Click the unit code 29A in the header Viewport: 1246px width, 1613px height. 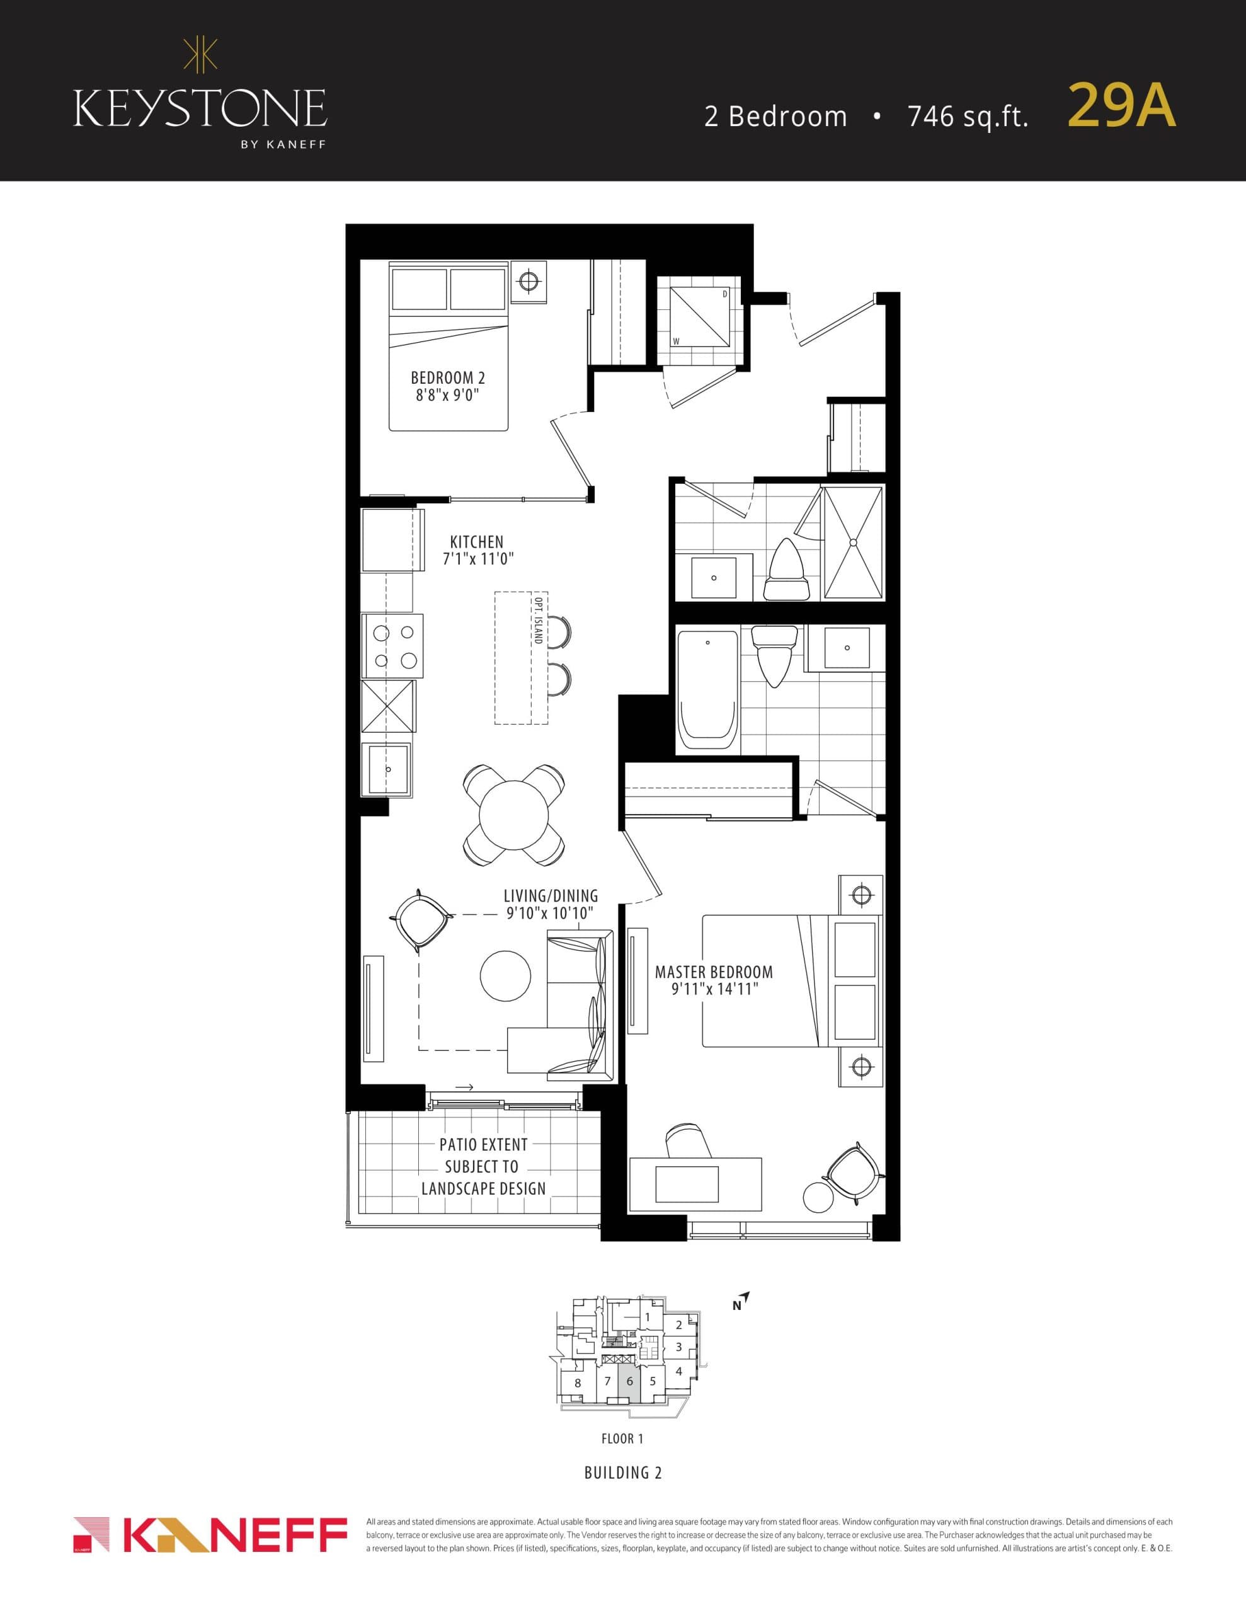(x=1121, y=106)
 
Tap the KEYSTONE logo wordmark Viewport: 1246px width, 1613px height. (x=200, y=108)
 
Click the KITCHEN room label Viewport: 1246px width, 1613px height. (x=476, y=541)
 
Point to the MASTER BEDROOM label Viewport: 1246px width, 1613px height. (x=714, y=972)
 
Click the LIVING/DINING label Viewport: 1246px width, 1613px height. (x=551, y=896)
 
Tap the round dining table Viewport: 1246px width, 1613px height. (x=513, y=815)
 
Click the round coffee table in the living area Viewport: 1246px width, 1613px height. (x=505, y=975)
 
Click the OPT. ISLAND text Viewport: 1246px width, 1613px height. (x=539, y=619)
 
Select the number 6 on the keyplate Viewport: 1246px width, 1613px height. (x=629, y=1381)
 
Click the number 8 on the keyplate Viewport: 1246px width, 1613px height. (x=578, y=1383)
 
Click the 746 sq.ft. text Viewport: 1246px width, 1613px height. (x=968, y=116)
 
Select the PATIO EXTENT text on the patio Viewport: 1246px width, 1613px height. (x=483, y=1145)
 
